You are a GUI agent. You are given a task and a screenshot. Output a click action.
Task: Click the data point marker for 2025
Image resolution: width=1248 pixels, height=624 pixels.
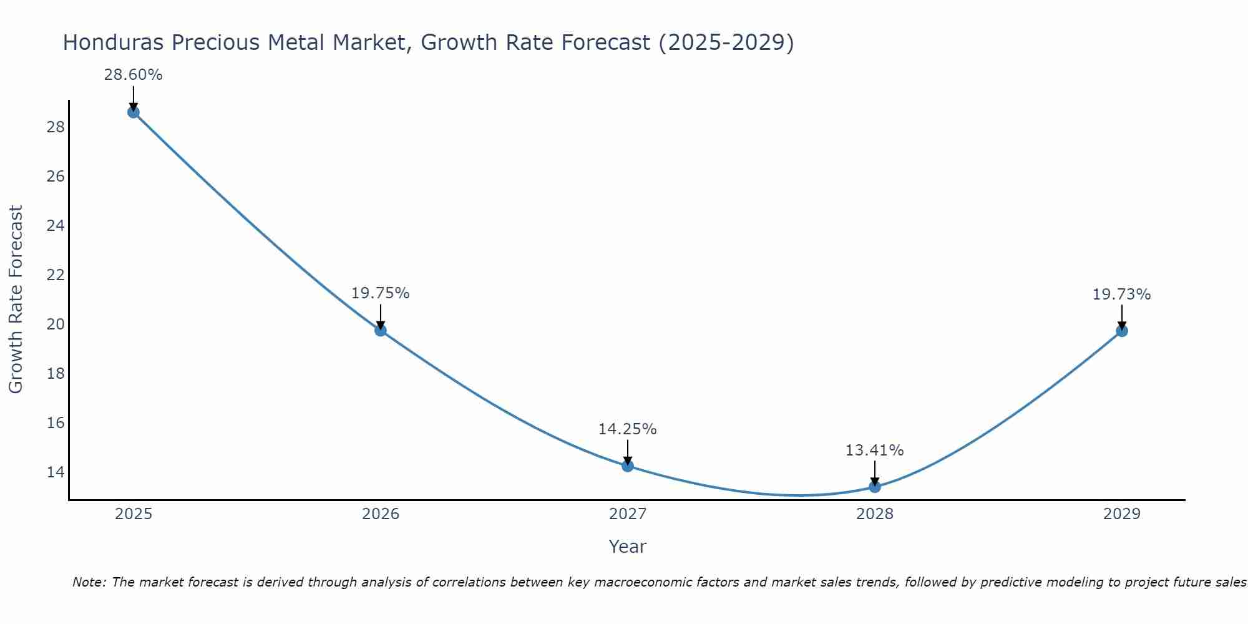(x=133, y=112)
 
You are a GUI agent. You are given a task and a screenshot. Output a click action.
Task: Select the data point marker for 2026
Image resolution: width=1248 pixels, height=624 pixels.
(x=381, y=330)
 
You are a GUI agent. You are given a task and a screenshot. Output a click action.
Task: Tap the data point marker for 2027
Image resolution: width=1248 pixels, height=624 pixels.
(x=628, y=466)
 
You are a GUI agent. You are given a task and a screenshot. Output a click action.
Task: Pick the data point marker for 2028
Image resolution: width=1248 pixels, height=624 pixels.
(x=875, y=487)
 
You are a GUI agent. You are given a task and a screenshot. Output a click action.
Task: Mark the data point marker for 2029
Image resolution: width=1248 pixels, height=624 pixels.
(x=1122, y=331)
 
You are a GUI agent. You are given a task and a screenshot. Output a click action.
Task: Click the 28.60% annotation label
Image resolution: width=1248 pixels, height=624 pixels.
(x=133, y=75)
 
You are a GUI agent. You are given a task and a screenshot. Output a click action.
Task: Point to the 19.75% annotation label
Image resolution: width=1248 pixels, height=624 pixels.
(x=380, y=293)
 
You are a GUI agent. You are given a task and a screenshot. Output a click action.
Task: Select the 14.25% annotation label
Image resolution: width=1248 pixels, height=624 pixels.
(x=627, y=429)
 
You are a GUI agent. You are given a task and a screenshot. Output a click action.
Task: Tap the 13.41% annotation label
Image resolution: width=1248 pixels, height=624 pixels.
(x=874, y=451)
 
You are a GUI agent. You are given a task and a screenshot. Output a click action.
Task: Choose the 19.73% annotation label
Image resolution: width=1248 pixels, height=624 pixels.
(x=1121, y=295)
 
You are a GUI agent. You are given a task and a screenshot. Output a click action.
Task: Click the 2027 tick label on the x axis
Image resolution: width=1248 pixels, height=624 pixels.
(x=628, y=514)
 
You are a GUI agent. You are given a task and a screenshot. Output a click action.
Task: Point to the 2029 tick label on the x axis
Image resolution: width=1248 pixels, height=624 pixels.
(x=1122, y=514)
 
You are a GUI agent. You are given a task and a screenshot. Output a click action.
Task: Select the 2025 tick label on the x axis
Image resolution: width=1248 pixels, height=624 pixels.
(x=134, y=514)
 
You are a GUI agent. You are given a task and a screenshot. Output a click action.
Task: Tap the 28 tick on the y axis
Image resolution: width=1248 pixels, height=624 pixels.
(x=56, y=127)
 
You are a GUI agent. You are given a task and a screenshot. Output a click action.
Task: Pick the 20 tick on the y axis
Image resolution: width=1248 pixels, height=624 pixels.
(x=56, y=324)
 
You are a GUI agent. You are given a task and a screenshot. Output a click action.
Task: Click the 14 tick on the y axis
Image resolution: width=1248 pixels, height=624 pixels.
(x=56, y=472)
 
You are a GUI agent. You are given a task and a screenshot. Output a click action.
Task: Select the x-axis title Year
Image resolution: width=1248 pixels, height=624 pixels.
(x=628, y=547)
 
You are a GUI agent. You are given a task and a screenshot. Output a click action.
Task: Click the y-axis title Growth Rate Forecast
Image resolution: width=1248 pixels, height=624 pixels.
(x=16, y=300)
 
